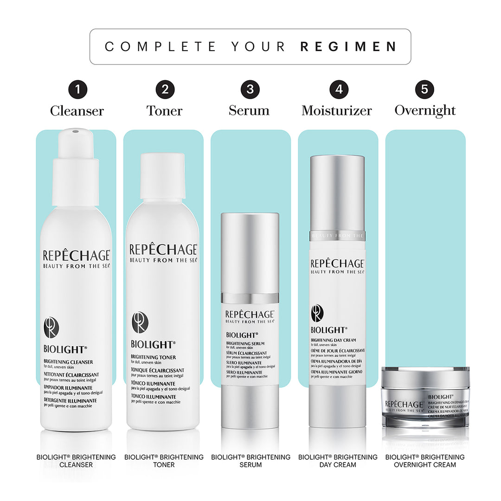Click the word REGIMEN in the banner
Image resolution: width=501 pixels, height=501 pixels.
click(x=348, y=46)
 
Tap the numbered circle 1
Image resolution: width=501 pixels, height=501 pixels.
click(x=77, y=89)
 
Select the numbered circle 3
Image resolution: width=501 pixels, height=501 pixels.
click(x=250, y=89)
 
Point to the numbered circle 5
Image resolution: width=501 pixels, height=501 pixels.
click(x=424, y=89)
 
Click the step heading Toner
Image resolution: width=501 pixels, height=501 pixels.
click(x=165, y=111)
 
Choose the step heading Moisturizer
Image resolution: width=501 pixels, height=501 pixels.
click(x=337, y=111)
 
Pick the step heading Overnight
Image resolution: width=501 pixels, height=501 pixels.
click(x=425, y=110)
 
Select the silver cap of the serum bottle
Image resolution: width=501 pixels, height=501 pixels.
click(x=250, y=253)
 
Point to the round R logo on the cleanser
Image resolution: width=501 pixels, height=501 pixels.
click(x=51, y=328)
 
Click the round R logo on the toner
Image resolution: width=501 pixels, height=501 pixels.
click(x=140, y=322)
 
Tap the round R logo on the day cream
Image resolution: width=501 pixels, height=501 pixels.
click(x=317, y=313)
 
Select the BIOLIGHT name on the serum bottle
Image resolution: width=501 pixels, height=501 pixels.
click(x=242, y=334)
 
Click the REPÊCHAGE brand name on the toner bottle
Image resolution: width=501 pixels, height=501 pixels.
click(x=163, y=249)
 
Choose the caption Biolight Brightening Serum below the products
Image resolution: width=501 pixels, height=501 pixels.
click(x=250, y=461)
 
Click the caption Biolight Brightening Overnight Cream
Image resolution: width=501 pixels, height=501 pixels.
click(x=425, y=461)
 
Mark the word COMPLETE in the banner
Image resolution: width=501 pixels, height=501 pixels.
click(x=161, y=46)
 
